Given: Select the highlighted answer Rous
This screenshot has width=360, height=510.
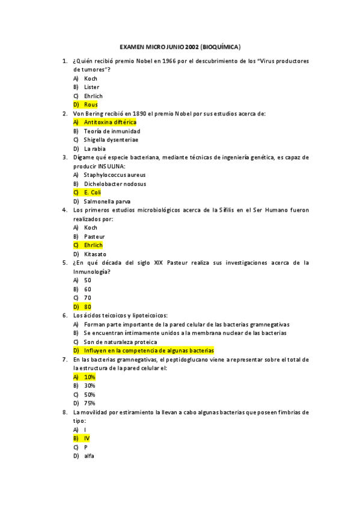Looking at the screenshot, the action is pyautogui.click(x=91, y=105).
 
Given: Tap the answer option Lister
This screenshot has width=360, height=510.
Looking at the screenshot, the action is pyautogui.click(x=91, y=87).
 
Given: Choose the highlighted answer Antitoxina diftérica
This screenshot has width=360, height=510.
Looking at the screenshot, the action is pyautogui.click(x=110, y=122).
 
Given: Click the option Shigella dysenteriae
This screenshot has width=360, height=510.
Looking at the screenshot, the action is pyautogui.click(x=111, y=140).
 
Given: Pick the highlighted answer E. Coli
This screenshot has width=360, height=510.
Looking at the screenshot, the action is pyautogui.click(x=92, y=192).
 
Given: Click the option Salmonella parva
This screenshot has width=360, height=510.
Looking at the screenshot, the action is pyautogui.click(x=107, y=201).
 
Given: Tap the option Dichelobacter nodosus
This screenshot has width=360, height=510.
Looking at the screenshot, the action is pyautogui.click(x=115, y=183).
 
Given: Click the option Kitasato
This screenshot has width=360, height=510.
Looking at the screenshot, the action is pyautogui.click(x=95, y=254).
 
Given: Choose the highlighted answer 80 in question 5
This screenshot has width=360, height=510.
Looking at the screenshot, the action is pyautogui.click(x=88, y=307).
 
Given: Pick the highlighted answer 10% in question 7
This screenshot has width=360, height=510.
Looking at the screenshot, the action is pyautogui.click(x=90, y=376).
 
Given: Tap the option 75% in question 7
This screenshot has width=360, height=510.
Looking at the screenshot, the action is pyautogui.click(x=90, y=403).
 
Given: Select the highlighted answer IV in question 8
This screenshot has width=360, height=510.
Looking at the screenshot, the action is pyautogui.click(x=87, y=438).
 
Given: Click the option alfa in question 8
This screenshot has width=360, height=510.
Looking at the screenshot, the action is pyautogui.click(x=89, y=456).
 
